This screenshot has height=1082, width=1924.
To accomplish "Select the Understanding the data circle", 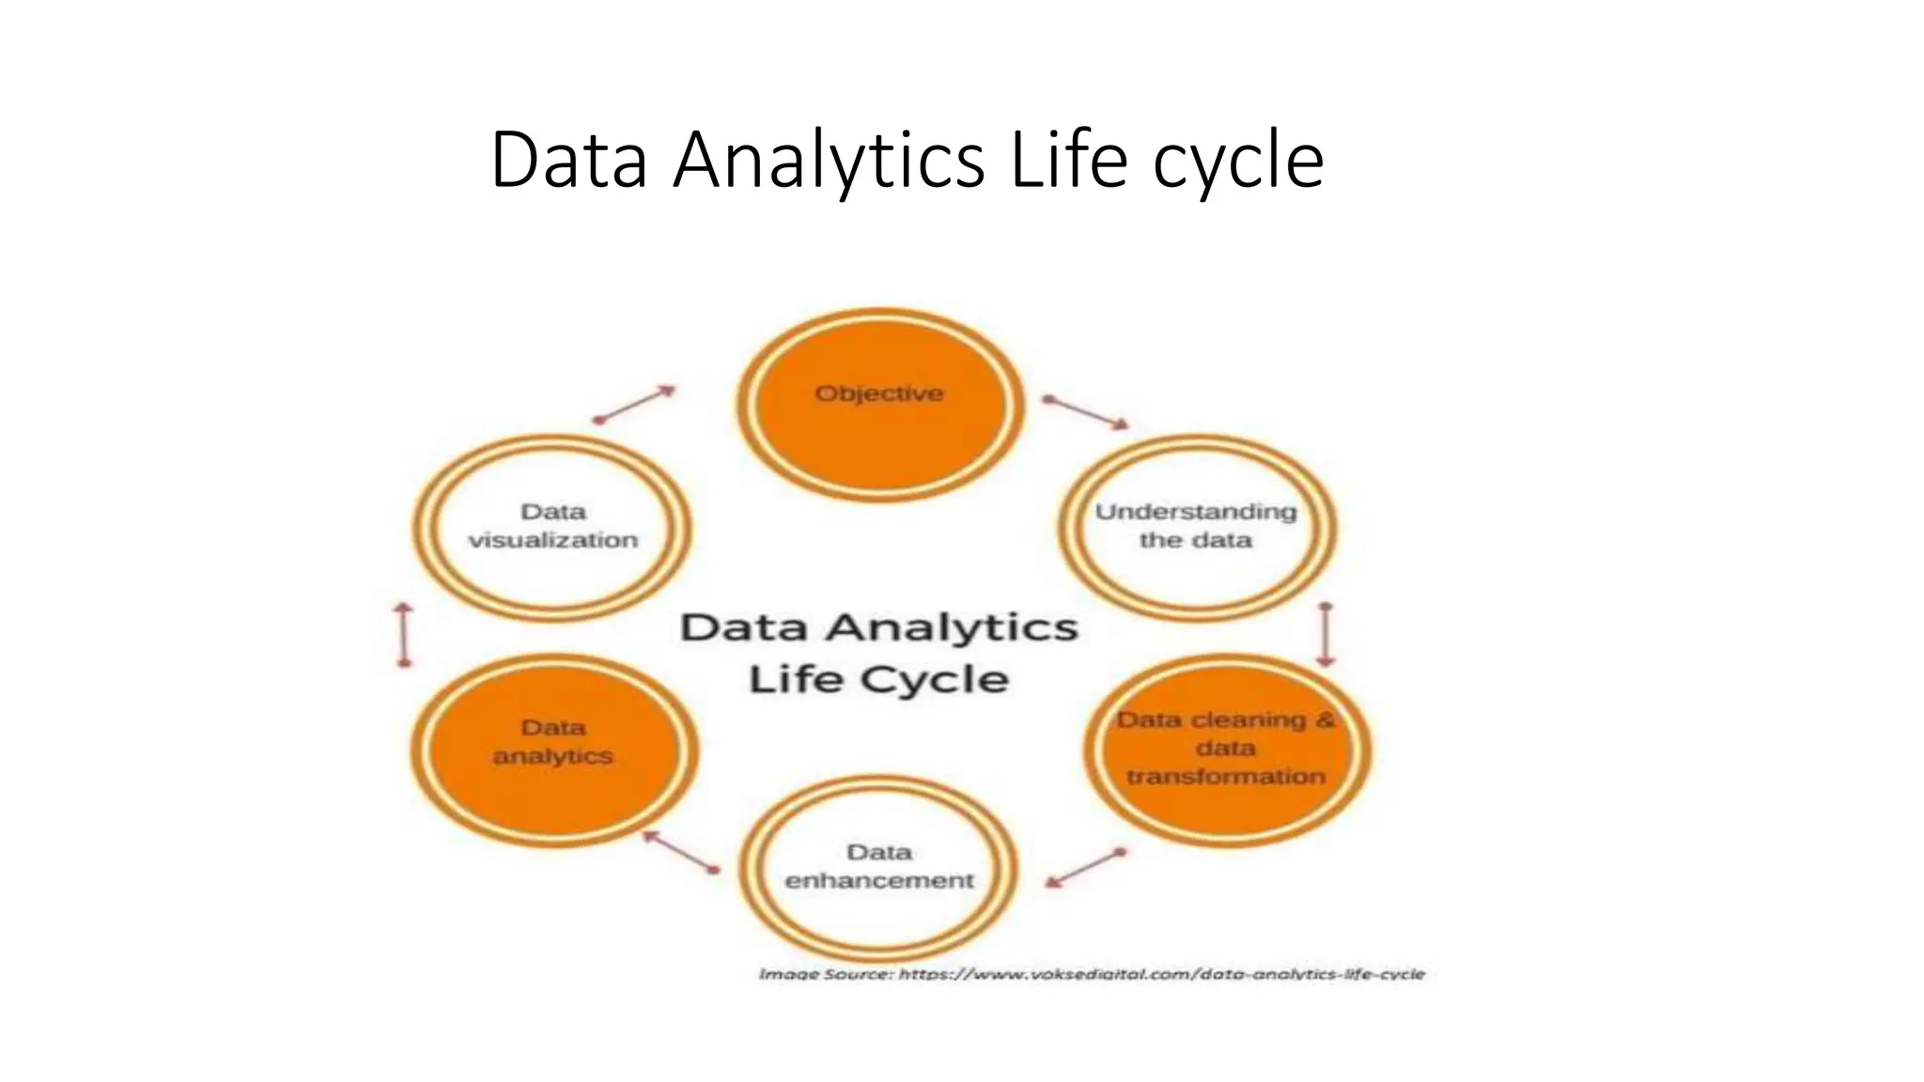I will tap(1197, 527).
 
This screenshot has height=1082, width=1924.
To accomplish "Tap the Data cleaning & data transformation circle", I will tap(1227, 750).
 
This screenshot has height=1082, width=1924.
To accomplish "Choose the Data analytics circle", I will tap(553, 750).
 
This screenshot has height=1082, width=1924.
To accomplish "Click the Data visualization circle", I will tap(553, 527).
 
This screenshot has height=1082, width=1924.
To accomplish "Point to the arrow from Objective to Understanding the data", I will tap(1086, 412).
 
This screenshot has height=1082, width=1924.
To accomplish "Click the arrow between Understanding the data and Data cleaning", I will tap(1326, 635).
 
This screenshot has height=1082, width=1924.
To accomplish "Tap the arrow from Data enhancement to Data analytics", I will tap(681, 852).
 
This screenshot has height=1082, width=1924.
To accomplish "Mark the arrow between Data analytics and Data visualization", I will tap(404, 635).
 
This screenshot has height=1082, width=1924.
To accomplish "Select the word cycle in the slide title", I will tap(1238, 162).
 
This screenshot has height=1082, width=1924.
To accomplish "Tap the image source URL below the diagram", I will tap(1161, 974).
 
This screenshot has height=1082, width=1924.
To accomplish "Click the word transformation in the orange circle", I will tap(1226, 777).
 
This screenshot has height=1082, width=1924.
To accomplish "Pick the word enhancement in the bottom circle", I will tap(879, 881).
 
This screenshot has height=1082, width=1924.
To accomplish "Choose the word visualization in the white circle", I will tap(553, 541).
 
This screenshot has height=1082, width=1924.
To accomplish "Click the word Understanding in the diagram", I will tap(1196, 512).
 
